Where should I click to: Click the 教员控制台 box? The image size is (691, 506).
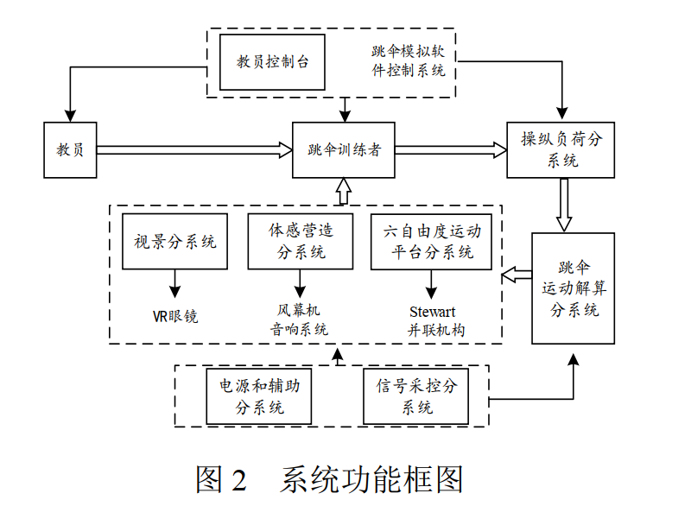click(x=272, y=62)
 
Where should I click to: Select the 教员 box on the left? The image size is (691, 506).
click(x=71, y=149)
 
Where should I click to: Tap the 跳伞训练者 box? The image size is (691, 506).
click(x=344, y=149)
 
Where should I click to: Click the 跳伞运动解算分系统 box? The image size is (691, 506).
click(x=573, y=288)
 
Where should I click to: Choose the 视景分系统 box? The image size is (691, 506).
click(x=175, y=241)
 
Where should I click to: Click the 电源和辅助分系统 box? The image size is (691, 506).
click(x=260, y=395)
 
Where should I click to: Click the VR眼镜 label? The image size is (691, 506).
click(x=175, y=315)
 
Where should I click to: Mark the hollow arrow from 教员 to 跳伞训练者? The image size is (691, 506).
click(x=194, y=149)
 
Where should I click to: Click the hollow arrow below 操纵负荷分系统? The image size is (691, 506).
click(x=563, y=205)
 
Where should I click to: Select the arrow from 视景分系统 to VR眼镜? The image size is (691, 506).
click(x=175, y=281)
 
